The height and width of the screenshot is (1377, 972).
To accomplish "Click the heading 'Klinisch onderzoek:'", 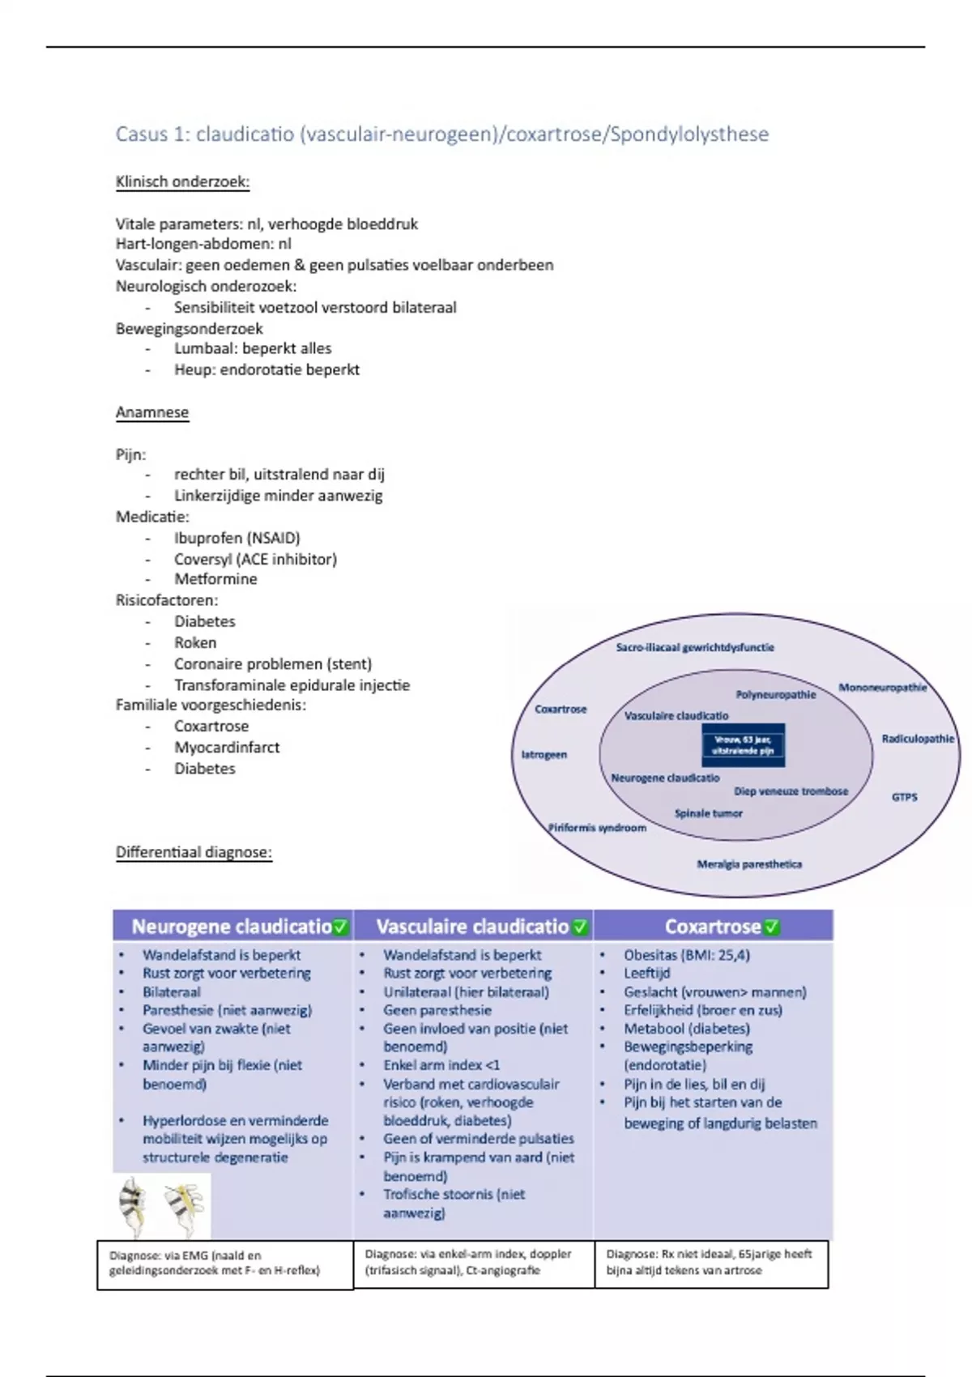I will tap(182, 181).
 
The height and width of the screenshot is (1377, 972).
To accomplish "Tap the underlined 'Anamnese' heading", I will tap(152, 412).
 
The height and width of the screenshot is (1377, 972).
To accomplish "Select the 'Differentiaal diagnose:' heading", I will tap(194, 852).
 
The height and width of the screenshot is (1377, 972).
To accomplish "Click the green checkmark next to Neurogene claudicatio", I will tap(341, 927).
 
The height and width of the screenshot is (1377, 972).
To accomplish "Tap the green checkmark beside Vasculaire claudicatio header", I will tap(580, 927).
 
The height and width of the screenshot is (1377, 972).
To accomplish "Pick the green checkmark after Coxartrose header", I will tap(772, 927).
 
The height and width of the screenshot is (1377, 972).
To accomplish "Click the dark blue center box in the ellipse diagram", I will tap(743, 744).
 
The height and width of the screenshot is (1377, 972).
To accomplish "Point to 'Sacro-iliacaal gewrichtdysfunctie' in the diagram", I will tap(695, 647).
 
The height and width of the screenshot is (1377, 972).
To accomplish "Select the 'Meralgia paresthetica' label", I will tap(749, 864).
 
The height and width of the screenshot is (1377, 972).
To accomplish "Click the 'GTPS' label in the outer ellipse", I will tap(904, 797).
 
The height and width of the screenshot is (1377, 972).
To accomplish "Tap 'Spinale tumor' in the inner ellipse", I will tap(708, 813).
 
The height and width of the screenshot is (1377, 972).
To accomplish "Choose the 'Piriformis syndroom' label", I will tap(597, 828).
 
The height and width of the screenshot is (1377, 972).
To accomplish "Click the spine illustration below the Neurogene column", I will tap(161, 1205).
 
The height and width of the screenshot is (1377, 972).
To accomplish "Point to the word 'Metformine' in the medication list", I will tap(215, 579).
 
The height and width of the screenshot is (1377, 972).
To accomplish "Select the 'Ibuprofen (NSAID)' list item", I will tap(237, 538).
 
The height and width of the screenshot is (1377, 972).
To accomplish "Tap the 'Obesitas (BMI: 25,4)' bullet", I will tap(687, 955).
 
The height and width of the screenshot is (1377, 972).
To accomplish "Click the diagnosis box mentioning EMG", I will tap(224, 1264).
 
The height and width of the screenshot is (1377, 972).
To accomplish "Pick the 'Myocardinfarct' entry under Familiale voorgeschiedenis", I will tap(227, 748).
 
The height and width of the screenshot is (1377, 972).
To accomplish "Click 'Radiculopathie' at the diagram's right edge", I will tap(918, 739).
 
